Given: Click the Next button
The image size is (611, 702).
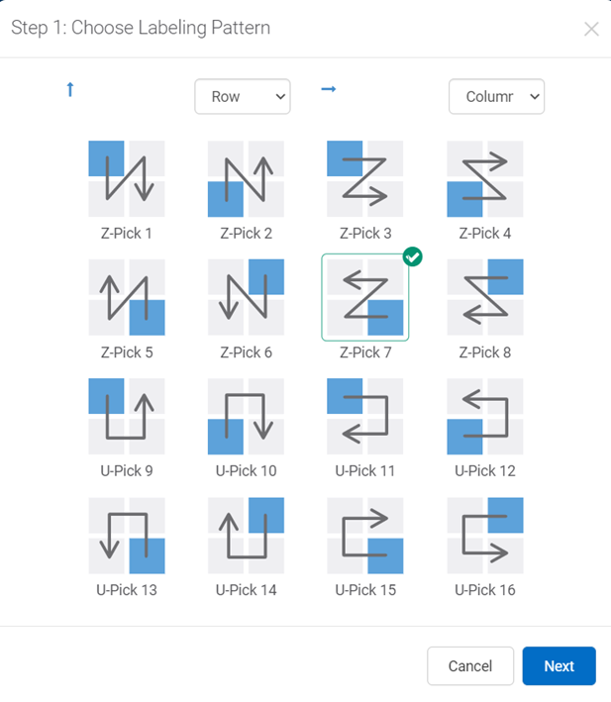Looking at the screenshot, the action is pos(559,665).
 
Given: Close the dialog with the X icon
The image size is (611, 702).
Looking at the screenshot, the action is pos(591,29).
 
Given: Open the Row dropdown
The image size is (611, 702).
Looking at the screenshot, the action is pos(243,96).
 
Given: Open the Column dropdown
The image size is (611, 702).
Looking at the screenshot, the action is pos(496,96).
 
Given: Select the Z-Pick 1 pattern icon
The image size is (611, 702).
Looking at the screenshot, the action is pos(127,178).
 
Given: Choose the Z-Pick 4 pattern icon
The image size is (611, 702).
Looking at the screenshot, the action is pos(485,178).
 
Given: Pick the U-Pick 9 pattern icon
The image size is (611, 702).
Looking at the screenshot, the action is pos(127,417).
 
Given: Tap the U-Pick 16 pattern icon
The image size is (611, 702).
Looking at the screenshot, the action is pos(485,536).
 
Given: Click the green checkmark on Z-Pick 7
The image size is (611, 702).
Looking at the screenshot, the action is pos(412,257).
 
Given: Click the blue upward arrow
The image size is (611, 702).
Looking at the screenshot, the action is pos(70,89).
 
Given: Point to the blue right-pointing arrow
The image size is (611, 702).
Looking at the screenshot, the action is pos(329,89).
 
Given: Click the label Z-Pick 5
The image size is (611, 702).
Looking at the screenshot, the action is pos(127,352).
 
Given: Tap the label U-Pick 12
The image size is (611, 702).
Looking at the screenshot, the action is pos(485,471).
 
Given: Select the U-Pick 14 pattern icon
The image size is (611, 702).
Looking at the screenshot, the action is pos(246,536).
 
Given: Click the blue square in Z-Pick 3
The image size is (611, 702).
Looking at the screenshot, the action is pos(345,158).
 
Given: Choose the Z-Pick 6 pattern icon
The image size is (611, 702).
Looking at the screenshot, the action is pos(246,297).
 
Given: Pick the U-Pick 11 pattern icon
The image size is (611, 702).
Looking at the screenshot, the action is pos(364,417).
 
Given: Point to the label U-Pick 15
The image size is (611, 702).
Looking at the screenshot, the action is pos(365,590).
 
